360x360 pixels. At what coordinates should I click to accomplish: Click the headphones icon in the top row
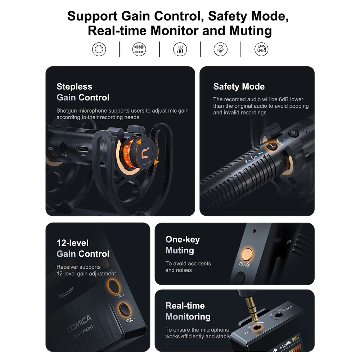pyautogui.click(x=261, y=49)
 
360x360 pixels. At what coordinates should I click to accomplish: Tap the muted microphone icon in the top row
pyautogui.click(x=220, y=49)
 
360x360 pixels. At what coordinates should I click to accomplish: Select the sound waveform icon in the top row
pyautogui.click(x=139, y=49)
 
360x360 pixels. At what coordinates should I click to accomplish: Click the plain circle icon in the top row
pyautogui.click(x=99, y=49)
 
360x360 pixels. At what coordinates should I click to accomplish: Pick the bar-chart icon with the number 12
pyautogui.click(x=180, y=49)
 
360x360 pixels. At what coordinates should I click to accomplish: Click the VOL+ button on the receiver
pyautogui.click(x=114, y=286)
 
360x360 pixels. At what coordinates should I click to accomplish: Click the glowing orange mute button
pyautogui.click(x=247, y=254)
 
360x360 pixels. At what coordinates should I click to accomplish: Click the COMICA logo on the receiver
pyautogui.click(x=80, y=324)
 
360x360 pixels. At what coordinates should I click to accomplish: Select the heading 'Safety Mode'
pyautogui.click(x=239, y=86)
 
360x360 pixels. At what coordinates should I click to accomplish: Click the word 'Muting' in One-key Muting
pyautogui.click(x=180, y=251)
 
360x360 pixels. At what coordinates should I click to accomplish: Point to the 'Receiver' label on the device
pyautogui.click(x=66, y=293)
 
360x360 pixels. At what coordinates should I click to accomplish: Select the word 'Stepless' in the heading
pyautogui.click(x=75, y=86)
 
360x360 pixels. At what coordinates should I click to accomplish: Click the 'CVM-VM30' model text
pyautogui.click(x=83, y=332)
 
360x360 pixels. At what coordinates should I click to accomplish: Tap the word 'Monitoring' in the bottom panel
pyautogui.click(x=188, y=317)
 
